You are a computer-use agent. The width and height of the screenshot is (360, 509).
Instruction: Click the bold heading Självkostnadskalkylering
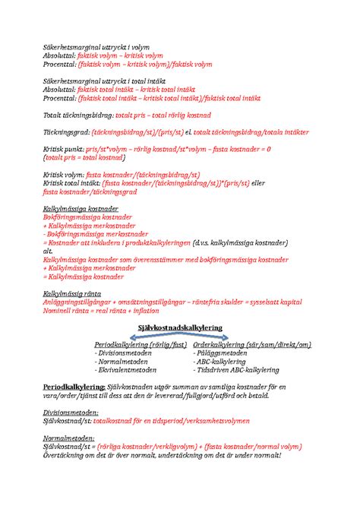[x=179, y=325]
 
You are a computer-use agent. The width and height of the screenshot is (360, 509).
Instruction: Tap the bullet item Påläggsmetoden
[x=221, y=353]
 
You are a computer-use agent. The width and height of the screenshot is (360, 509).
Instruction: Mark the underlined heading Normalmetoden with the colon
[x=68, y=437]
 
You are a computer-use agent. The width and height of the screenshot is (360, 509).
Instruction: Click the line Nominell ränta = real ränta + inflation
[x=102, y=310]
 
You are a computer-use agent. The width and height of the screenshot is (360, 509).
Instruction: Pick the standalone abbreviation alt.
[x=46, y=251]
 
